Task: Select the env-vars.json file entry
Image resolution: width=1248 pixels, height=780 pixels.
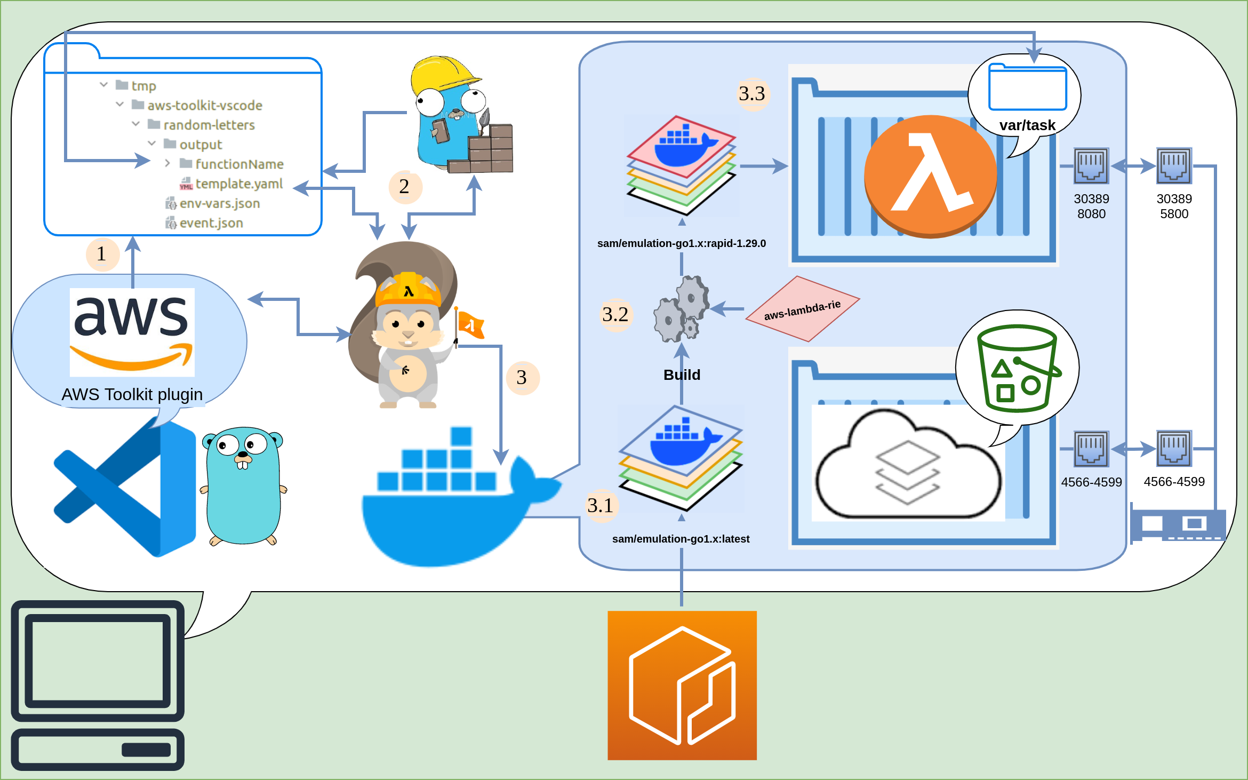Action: (219, 204)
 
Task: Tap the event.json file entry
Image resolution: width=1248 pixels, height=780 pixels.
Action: (211, 223)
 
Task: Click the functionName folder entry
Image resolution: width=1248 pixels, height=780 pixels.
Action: (238, 164)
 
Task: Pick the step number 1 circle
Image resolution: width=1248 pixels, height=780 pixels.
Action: (102, 254)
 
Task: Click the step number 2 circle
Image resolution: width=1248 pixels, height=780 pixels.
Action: (405, 187)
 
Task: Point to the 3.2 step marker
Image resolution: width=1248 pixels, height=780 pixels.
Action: (615, 315)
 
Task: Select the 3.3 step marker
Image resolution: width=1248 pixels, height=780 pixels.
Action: (752, 94)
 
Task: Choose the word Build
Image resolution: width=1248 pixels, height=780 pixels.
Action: (682, 375)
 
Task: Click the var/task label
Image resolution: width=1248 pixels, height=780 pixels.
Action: (1027, 125)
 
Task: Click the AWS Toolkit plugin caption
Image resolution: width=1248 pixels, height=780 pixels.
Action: (132, 394)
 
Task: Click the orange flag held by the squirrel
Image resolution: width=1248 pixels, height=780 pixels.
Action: (470, 324)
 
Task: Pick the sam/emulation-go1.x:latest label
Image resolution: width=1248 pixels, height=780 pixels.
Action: (681, 539)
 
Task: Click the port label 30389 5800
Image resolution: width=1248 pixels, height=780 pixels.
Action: (1174, 206)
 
